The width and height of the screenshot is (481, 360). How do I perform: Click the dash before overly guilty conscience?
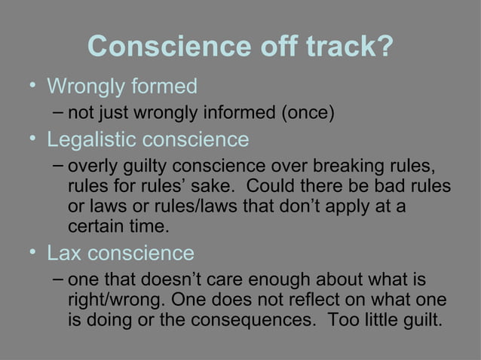pos(59,165)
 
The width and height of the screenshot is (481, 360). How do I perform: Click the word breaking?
pos(343,166)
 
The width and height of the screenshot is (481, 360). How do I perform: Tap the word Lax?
pos(65,252)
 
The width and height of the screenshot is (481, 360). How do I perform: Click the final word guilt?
pos(420,319)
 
